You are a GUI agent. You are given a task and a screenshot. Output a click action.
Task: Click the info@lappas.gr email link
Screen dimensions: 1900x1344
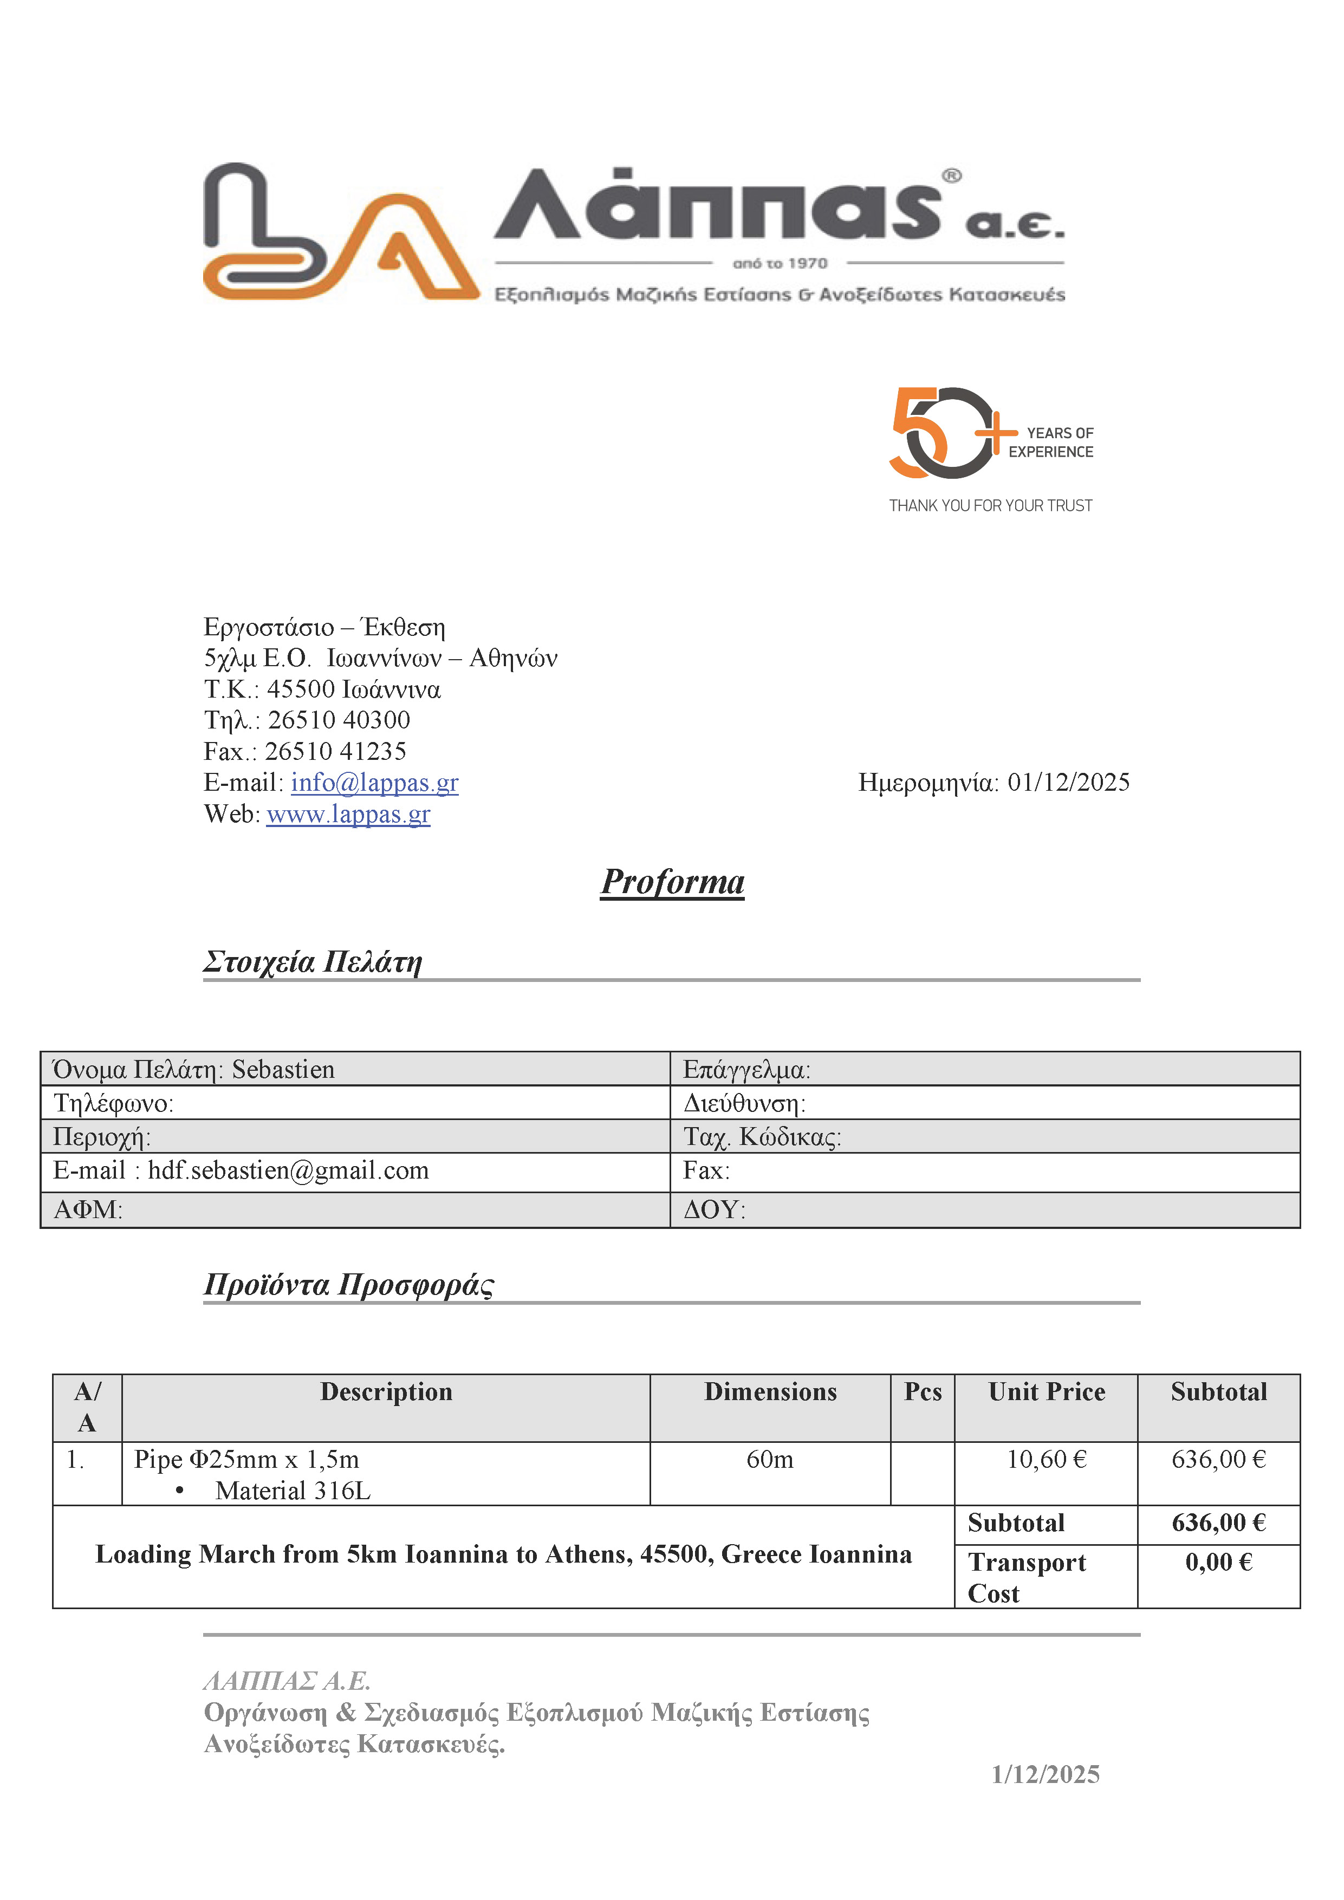[x=374, y=782]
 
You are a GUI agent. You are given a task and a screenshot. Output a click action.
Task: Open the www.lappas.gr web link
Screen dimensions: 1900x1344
[x=348, y=814]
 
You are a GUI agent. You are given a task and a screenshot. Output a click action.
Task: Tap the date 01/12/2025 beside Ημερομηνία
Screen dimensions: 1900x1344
[x=1068, y=782]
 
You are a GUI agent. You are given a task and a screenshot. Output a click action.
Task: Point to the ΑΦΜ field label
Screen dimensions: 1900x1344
[x=88, y=1210]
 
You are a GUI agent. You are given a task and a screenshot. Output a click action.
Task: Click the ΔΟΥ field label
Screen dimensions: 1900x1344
[x=714, y=1210]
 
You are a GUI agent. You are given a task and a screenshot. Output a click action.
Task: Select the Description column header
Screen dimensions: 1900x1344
[x=386, y=1392]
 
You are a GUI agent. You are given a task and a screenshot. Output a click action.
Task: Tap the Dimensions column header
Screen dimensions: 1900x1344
[x=770, y=1392]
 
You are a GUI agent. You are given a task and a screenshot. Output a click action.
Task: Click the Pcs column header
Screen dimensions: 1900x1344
[x=923, y=1392]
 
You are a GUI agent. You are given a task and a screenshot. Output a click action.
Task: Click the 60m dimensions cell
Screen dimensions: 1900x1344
[x=770, y=1459]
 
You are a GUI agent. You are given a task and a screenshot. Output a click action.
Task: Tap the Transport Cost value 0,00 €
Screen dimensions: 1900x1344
[x=1218, y=1563]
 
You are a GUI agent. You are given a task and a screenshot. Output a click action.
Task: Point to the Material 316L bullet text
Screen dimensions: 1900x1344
[x=293, y=1491]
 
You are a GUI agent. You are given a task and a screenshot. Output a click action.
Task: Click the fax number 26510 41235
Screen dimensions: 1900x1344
[x=335, y=751]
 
